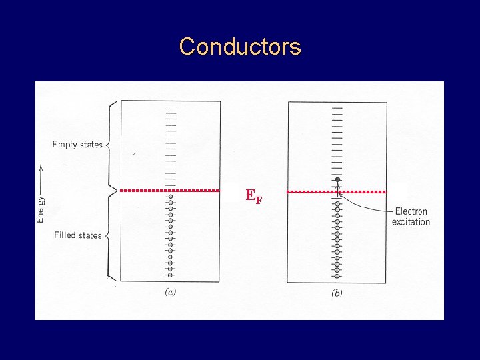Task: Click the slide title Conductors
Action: (240, 47)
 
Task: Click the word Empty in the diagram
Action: (65, 145)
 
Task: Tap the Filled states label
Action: (77, 235)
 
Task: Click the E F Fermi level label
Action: (253, 195)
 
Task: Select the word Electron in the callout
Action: (411, 211)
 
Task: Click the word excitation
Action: (411, 222)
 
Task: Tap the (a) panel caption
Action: (171, 291)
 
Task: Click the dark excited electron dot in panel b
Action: (338, 180)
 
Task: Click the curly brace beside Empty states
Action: (111, 144)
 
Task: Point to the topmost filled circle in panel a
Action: (171, 197)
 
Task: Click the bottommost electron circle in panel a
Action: (171, 275)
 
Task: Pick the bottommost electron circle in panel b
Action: (337, 275)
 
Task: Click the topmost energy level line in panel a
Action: (171, 107)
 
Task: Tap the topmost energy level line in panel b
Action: (337, 107)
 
